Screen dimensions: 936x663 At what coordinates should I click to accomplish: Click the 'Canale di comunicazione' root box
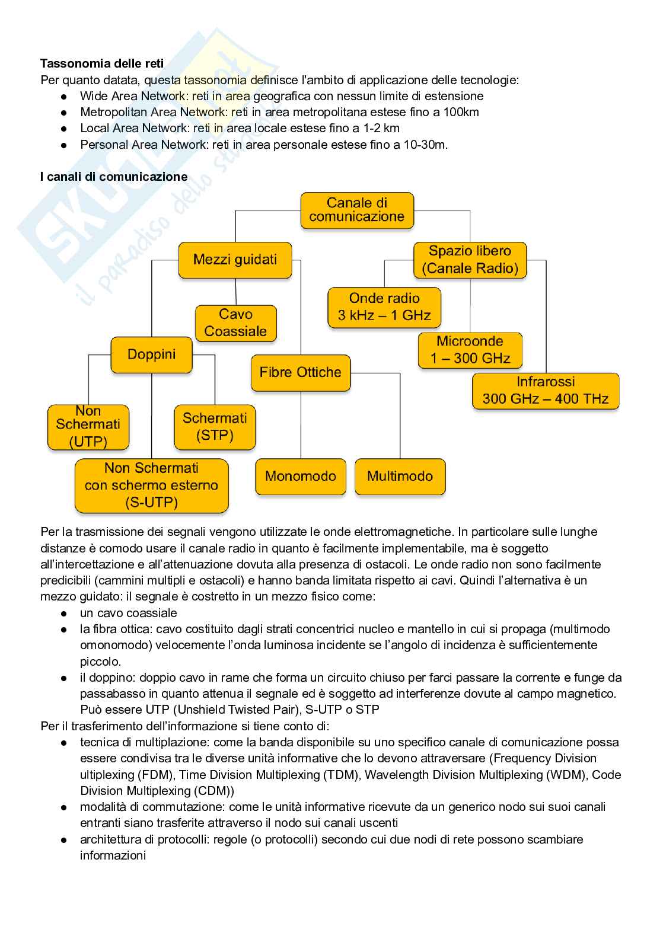[356, 210]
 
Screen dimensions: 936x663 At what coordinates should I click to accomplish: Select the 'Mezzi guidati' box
[235, 260]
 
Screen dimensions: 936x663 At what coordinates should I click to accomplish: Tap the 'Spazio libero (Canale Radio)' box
[470, 260]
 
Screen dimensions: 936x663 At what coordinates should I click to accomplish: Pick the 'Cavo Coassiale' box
[235, 323]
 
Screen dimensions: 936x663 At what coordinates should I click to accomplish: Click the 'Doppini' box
[151, 354]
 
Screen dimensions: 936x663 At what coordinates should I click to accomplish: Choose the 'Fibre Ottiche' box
[300, 372]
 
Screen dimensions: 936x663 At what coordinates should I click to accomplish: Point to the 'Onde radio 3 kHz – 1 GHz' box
[384, 307]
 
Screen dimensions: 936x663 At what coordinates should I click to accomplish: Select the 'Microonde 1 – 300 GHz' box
[470, 350]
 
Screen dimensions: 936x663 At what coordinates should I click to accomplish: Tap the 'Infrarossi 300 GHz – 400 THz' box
[545, 391]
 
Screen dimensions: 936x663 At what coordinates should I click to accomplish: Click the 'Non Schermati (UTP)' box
[88, 426]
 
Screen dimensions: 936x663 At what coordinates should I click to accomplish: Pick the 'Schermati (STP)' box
[215, 427]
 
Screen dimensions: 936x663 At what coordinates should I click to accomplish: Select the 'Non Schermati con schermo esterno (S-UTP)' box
[151, 485]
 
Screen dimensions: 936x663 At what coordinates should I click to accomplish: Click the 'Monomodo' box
[300, 476]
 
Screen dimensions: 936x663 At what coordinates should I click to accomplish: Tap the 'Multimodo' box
[400, 476]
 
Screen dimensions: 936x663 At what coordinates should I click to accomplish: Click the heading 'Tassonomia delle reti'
[102, 63]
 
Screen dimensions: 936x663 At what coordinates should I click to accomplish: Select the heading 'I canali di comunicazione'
[114, 177]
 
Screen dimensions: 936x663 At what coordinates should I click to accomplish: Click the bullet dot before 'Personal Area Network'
[64, 145]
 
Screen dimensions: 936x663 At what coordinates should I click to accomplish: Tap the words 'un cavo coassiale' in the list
[129, 613]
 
